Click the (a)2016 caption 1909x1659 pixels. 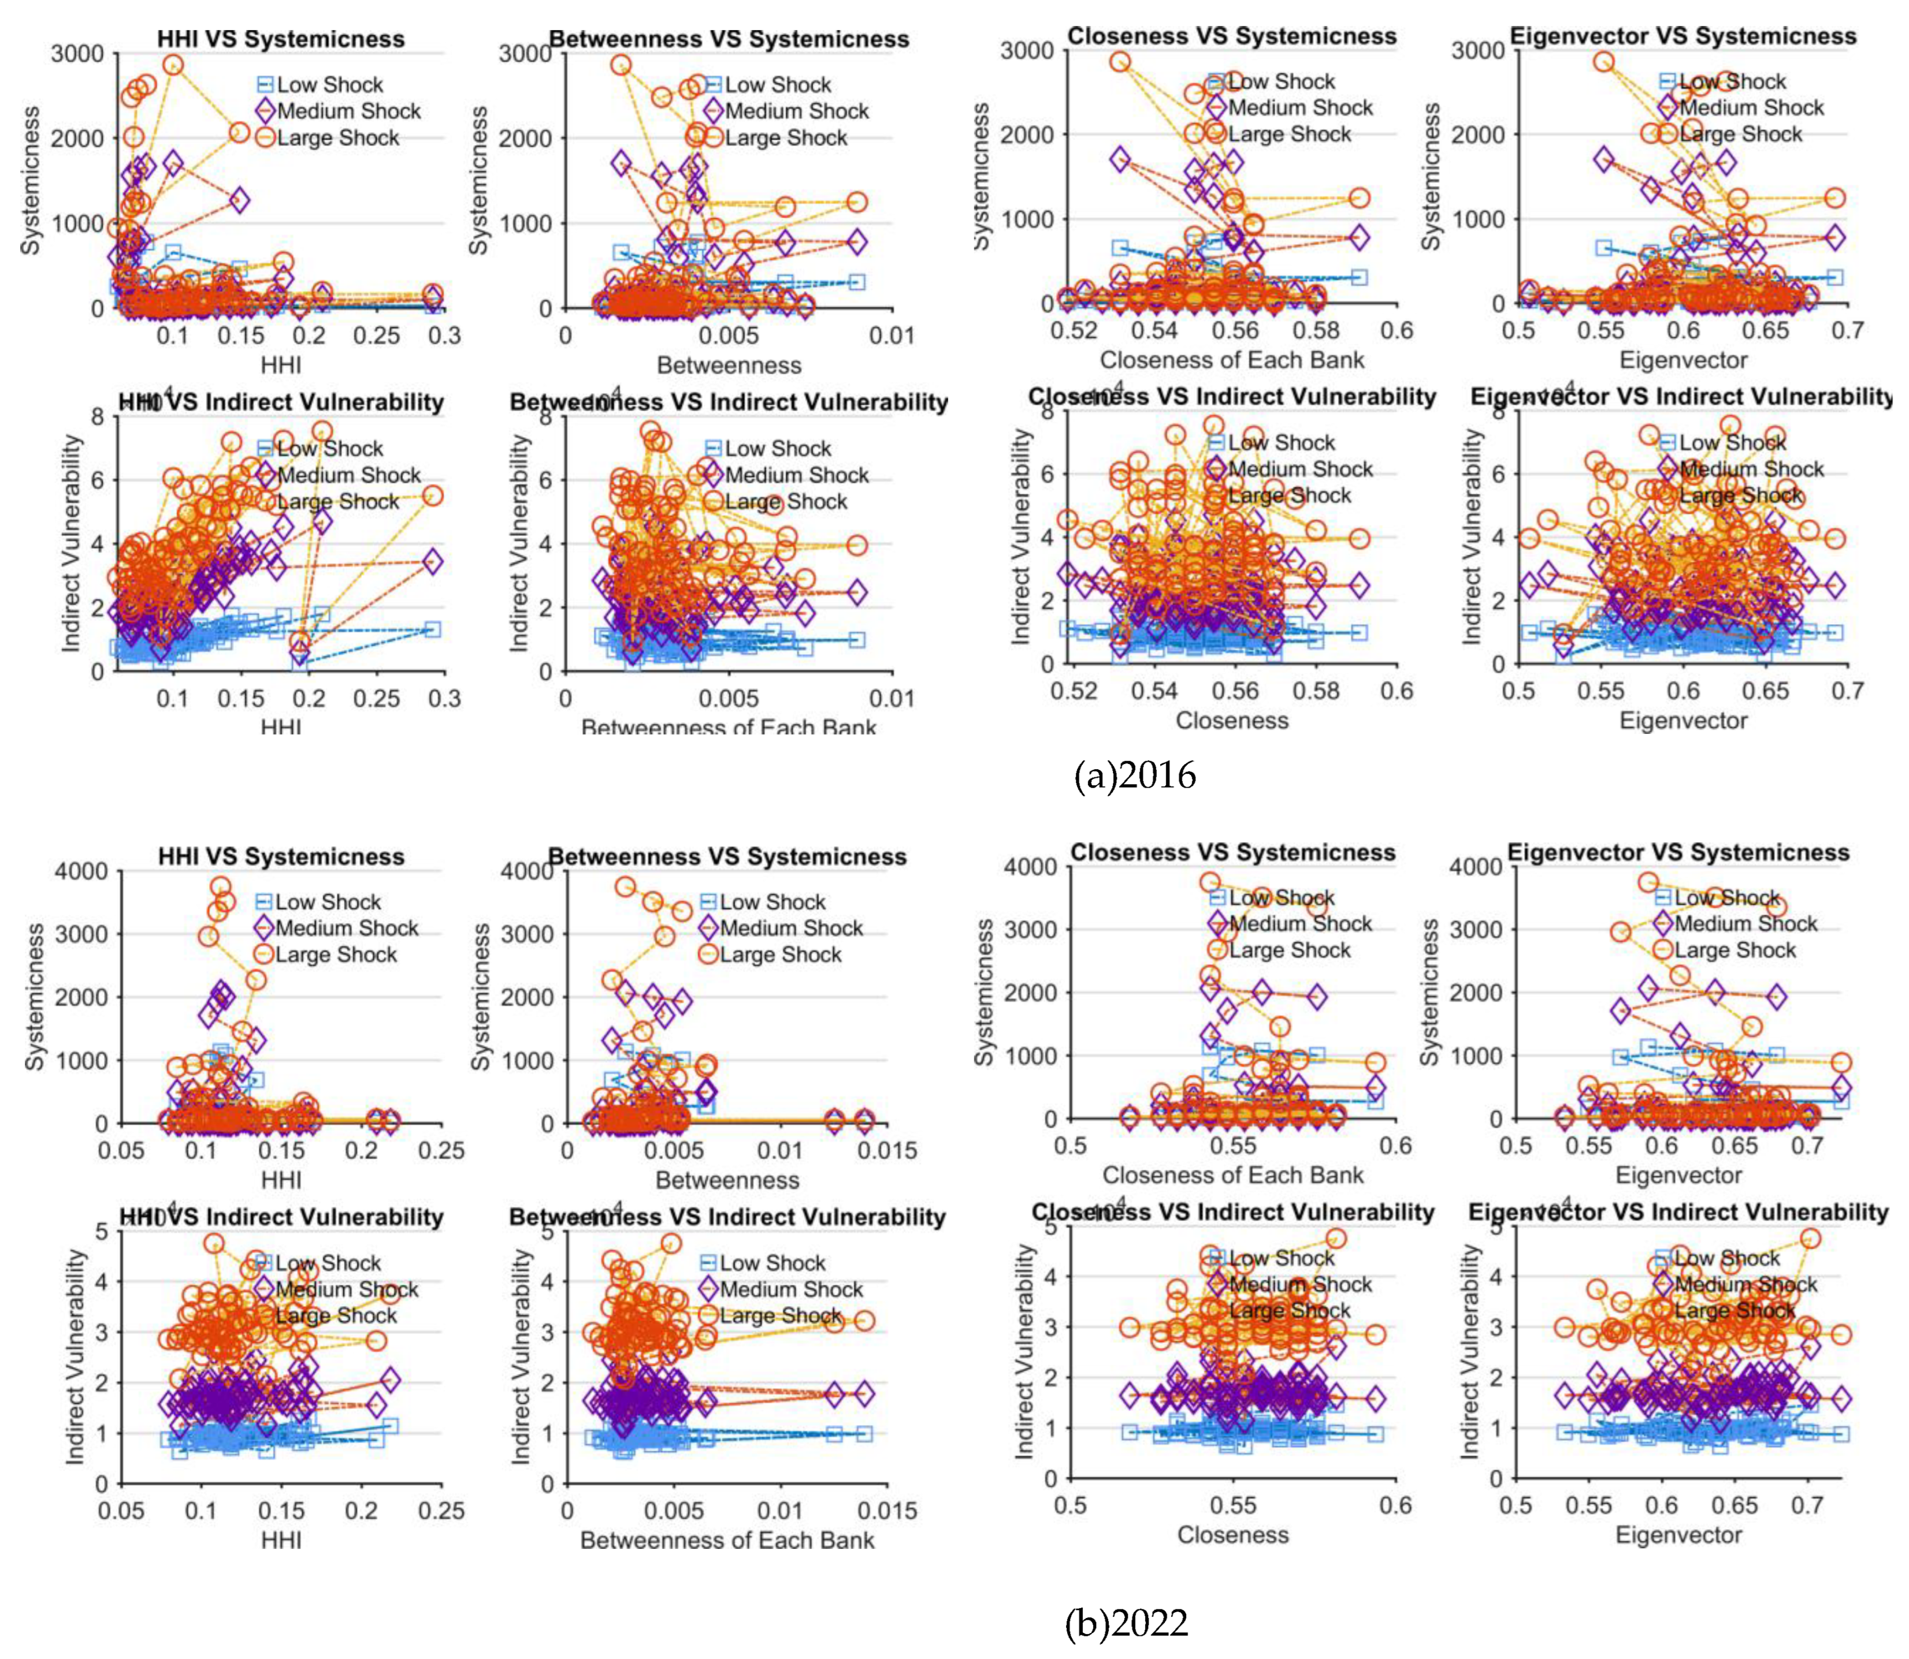point(1135,775)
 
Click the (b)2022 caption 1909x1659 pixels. point(1126,1623)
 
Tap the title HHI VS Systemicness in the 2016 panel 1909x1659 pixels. point(281,39)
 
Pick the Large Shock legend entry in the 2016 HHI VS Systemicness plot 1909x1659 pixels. point(337,138)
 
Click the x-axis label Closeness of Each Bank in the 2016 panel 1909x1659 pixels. point(1232,360)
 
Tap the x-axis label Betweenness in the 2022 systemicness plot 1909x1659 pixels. point(727,1180)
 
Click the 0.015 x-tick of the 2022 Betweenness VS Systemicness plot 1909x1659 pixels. point(887,1151)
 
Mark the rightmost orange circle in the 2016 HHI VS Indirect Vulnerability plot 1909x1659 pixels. point(433,496)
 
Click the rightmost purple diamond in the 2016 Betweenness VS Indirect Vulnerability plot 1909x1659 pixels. point(857,591)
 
